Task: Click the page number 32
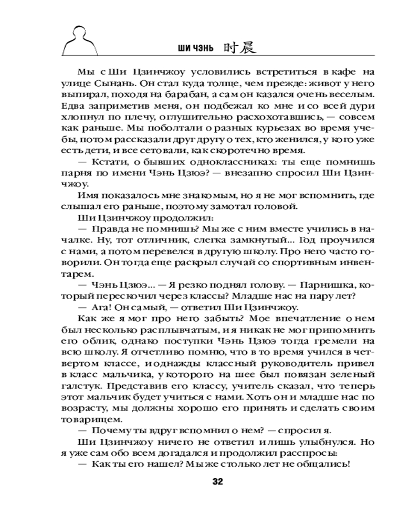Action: click(218, 482)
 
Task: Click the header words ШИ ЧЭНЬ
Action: click(195, 49)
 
